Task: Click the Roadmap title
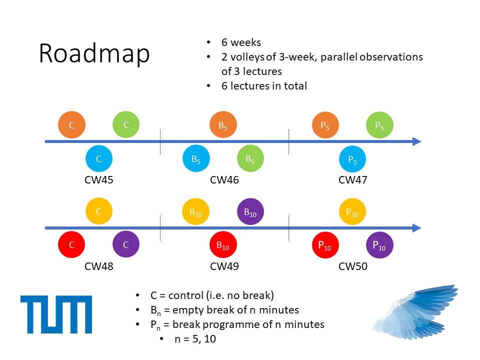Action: pyautogui.click(x=94, y=53)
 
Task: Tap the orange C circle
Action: pyautogui.click(x=71, y=125)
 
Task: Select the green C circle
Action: pyautogui.click(x=126, y=124)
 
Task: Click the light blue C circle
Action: pyautogui.click(x=99, y=159)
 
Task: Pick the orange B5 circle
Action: pyautogui.click(x=223, y=125)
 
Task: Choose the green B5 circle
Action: pyautogui.click(x=250, y=159)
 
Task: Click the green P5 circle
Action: pyautogui.click(x=379, y=125)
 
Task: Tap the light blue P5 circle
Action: pyautogui.click(x=352, y=159)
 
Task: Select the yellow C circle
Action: pyautogui.click(x=99, y=211)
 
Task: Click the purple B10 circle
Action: pyautogui.click(x=250, y=211)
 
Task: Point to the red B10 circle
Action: pyautogui.click(x=223, y=245)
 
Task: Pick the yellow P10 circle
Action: pyautogui.click(x=352, y=211)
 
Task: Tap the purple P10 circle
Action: pyautogui.click(x=379, y=245)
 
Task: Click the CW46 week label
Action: pyautogui.click(x=224, y=180)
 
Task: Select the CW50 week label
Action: pyautogui.click(x=353, y=266)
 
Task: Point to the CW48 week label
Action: pyautogui.click(x=99, y=266)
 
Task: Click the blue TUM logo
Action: pyautogui.click(x=56, y=314)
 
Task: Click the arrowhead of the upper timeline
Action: pyautogui.click(x=417, y=141)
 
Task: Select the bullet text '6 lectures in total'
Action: pyautogui.click(x=264, y=85)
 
